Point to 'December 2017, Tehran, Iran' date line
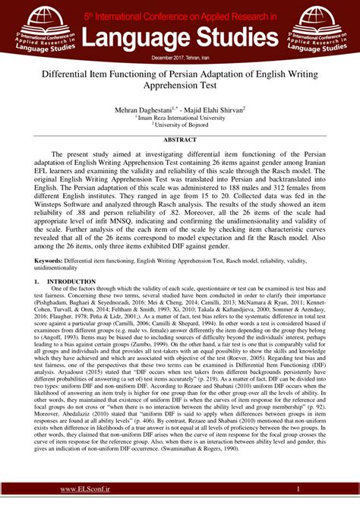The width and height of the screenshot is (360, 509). coord(180,57)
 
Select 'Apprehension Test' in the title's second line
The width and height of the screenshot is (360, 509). coord(180,90)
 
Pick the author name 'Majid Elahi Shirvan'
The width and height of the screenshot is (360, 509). coord(215,110)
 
